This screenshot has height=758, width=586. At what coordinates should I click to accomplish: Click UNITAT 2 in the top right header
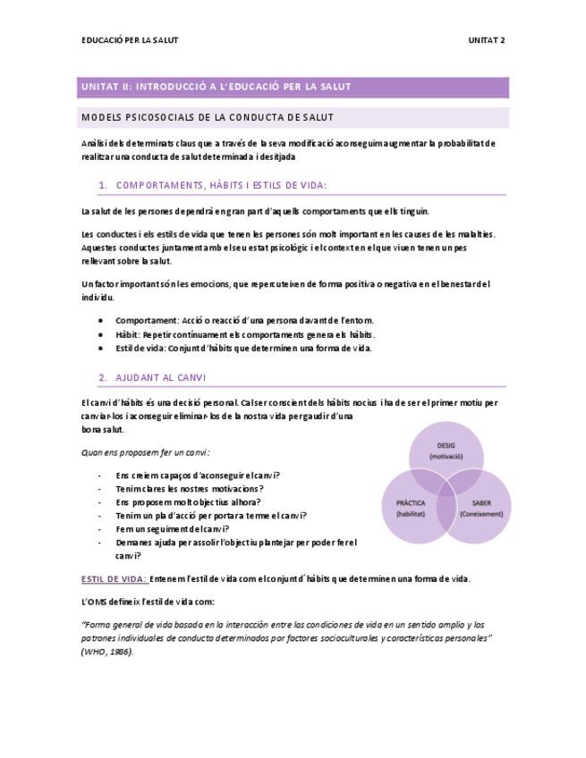coord(486,40)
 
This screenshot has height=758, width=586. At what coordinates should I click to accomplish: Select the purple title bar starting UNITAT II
coord(293,87)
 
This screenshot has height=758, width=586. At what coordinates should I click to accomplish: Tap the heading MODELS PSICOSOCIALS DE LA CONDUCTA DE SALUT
coord(208,117)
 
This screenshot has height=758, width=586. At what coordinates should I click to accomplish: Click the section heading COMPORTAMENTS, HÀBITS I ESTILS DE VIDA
coord(222,185)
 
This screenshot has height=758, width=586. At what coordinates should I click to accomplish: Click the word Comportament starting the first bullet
coord(145,320)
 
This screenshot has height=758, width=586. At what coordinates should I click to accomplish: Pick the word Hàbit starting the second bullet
coord(128,334)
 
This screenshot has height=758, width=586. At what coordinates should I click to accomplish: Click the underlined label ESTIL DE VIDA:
coord(114,578)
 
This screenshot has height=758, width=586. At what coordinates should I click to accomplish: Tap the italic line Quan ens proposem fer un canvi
coord(146,453)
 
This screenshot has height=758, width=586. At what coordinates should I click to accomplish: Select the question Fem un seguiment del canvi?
coord(174,528)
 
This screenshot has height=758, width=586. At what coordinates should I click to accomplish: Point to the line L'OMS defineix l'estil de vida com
coord(148,601)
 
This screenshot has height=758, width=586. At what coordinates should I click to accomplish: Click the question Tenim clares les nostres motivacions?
coord(190,489)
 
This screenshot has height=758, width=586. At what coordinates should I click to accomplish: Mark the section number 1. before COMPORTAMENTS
coord(103,185)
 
